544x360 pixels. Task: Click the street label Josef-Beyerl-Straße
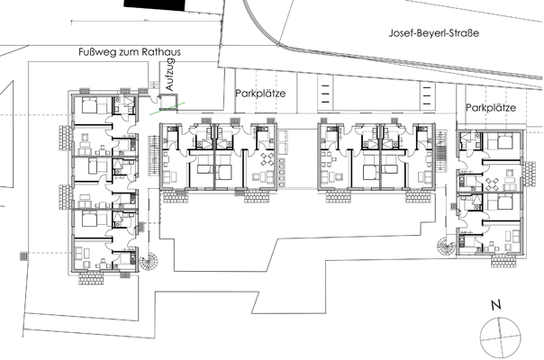point(434,33)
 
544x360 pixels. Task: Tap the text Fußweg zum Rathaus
point(130,52)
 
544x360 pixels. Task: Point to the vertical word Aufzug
point(170,75)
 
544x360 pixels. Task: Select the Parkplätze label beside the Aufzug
point(260,94)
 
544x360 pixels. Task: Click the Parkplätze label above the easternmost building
point(491,107)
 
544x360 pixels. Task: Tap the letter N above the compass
point(496,305)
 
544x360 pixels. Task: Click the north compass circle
point(501,337)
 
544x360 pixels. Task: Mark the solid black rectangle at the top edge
point(155,4)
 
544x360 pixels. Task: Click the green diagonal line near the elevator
point(168,108)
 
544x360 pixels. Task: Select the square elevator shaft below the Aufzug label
point(168,103)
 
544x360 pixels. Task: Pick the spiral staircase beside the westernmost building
point(150,262)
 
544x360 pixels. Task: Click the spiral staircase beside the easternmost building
point(447,246)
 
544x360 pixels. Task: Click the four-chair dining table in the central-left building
point(267,159)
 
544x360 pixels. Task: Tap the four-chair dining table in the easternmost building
point(493,184)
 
